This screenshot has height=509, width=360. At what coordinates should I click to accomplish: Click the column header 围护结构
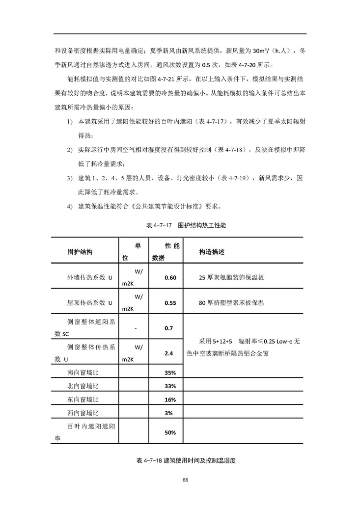coord(80,252)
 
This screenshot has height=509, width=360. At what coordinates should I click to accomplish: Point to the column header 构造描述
coord(212,252)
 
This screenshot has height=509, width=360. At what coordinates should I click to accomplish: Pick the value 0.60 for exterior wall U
coord(170,278)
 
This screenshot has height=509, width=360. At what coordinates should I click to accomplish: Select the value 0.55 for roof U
coord(170,303)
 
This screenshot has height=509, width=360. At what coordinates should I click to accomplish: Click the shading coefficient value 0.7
coord(169,328)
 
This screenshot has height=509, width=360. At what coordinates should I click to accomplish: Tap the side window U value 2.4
coord(169,353)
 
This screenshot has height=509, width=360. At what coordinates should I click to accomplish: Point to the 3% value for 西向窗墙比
coord(169,413)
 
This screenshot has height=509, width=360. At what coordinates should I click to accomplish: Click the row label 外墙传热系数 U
coord(90,278)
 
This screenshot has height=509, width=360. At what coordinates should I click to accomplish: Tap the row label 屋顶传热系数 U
coord(90,303)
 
